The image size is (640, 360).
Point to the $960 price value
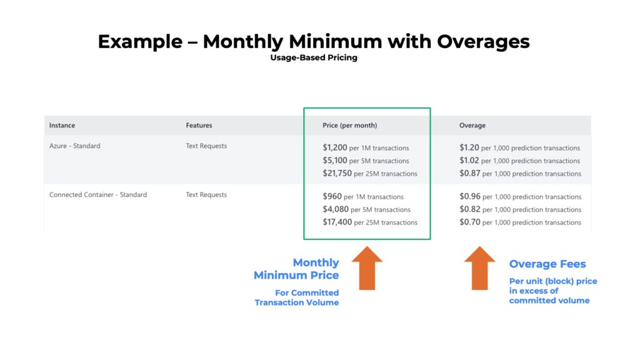tap(332, 196)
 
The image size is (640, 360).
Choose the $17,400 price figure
tap(337, 222)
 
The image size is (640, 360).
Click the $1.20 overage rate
tap(470, 147)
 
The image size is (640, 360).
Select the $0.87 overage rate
tap(470, 173)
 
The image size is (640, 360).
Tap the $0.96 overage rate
tap(470, 196)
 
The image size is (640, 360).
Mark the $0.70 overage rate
tap(470, 222)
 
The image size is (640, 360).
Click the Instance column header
tap(62, 126)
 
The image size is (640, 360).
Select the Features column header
tap(199, 126)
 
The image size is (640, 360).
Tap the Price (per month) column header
tap(350, 126)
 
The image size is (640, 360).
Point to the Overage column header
tap(472, 126)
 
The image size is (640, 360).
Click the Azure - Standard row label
tap(75, 146)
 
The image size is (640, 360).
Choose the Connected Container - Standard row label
tap(98, 195)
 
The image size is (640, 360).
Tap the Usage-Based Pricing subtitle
tap(314, 57)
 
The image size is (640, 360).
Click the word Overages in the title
tap(483, 41)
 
